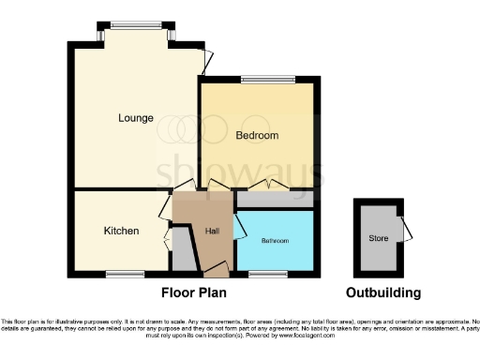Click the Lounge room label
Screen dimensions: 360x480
point(136,118)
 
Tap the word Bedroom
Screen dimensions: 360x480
point(257,136)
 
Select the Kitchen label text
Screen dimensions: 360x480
point(121,231)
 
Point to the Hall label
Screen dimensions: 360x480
point(212,232)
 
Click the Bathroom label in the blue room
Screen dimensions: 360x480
point(275,241)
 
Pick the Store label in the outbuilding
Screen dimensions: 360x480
point(378,238)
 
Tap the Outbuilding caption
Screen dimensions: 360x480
point(382,292)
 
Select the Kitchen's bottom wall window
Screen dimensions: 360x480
point(120,274)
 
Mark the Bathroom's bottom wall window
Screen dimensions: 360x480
point(266,274)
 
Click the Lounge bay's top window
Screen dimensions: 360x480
point(135,25)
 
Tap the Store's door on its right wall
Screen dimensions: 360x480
point(404,229)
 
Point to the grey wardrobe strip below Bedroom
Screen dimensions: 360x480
point(274,200)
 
